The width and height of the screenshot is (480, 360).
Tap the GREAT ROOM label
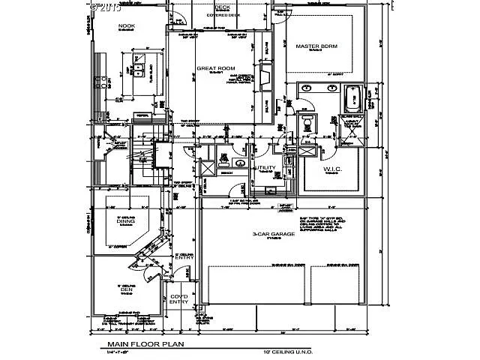tap(211, 68)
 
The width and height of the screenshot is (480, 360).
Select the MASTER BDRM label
tap(316, 46)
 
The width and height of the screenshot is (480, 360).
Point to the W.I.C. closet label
tap(332, 169)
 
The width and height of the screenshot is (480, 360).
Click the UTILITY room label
tap(266, 168)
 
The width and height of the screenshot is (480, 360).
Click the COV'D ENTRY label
tap(178, 299)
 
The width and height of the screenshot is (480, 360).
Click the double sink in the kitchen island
tap(139, 72)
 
